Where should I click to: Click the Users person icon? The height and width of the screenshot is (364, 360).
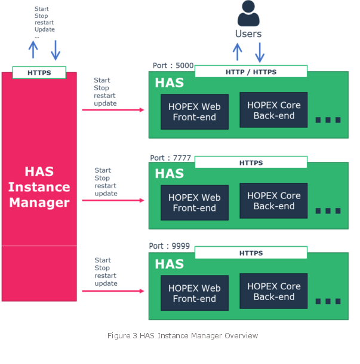pos(249,14)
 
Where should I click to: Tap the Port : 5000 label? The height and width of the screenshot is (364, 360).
pos(173,66)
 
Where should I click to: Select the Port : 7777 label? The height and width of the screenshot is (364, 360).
pos(171,158)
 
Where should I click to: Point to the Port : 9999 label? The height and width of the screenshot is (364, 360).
pos(170,246)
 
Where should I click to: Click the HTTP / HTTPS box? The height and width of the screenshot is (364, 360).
pos(251,72)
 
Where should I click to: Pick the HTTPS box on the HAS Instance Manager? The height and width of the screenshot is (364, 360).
pos(39,73)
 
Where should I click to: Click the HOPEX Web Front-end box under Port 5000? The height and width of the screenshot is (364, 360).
pos(195,112)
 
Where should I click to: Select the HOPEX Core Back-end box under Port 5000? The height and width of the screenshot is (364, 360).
pos(273,110)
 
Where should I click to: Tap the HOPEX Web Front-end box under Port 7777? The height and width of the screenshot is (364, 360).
pos(195,203)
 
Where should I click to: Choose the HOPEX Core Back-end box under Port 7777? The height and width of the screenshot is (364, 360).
pos(273,201)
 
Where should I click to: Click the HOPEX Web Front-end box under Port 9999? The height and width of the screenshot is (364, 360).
pos(195,293)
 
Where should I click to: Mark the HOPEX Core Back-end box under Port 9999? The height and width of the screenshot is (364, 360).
pos(273,292)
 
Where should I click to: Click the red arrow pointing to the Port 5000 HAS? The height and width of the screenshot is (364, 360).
pos(113,110)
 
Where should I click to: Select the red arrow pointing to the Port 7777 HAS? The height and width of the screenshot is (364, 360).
pos(113,200)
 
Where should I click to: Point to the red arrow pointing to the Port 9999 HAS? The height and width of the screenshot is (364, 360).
pos(113,291)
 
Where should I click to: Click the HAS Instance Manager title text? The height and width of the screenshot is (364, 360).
pos(39,187)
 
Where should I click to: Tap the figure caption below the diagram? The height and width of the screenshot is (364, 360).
pos(183,336)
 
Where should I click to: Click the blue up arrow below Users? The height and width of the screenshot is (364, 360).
pos(238,51)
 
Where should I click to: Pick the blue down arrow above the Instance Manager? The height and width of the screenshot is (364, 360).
pos(56,50)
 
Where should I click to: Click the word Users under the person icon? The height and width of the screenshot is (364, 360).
pos(248,34)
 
